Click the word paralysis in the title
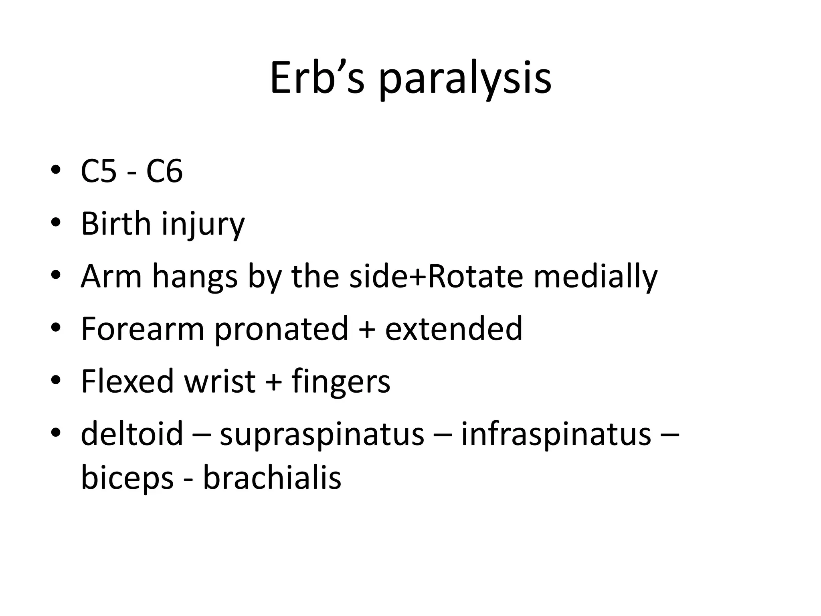[465, 80]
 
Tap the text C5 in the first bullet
[99, 171]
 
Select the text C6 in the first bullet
[164, 171]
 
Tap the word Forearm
[142, 329]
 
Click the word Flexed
[127, 381]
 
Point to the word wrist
[220, 381]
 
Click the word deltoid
[132, 434]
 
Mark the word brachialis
[272, 478]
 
